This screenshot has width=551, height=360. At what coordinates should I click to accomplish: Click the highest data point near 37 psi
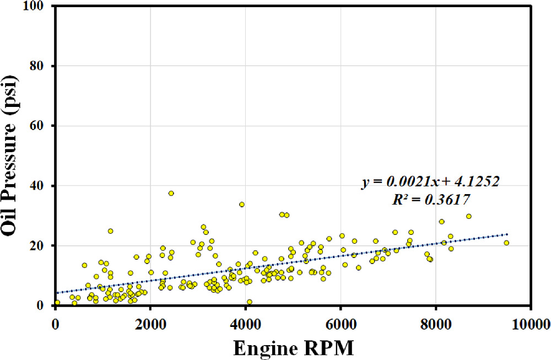tap(171, 194)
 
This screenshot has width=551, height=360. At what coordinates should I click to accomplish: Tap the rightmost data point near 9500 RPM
tap(506, 243)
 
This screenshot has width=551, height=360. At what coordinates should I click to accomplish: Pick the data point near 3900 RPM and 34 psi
tap(241, 205)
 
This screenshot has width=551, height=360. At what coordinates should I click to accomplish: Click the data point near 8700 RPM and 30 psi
tap(469, 216)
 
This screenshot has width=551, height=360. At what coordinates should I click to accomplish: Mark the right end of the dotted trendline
tap(507, 234)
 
